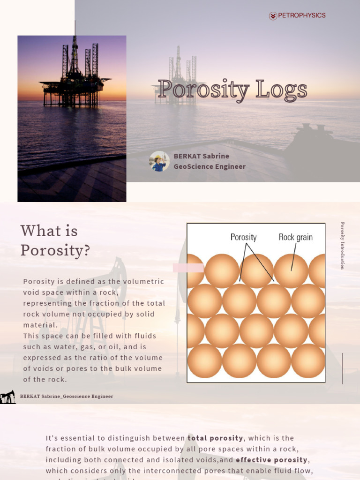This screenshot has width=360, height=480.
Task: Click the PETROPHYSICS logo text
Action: [x=301, y=15]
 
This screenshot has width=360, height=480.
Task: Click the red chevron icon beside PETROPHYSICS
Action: [x=273, y=16]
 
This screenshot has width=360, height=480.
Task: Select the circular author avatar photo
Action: [x=159, y=161]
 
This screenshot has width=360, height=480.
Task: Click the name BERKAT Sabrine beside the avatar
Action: [x=202, y=156]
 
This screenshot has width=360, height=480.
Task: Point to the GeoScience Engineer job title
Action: [x=210, y=166]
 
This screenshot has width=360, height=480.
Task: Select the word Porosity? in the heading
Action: [x=55, y=250]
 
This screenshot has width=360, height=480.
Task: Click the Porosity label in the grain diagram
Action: [x=243, y=237]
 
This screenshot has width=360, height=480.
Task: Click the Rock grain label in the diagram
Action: [x=295, y=237]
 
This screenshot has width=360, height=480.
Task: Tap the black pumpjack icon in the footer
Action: [x=7, y=397]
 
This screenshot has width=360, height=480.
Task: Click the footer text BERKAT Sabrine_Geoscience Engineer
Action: [x=67, y=397]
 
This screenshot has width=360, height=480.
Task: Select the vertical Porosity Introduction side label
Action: [x=343, y=246]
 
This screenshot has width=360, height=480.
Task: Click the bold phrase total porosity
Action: [x=215, y=438]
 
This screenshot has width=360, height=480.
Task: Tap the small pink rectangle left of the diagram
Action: [x=188, y=268]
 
